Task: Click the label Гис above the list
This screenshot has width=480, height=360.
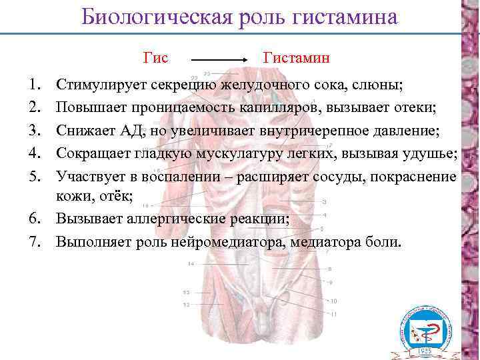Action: (x=155, y=59)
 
